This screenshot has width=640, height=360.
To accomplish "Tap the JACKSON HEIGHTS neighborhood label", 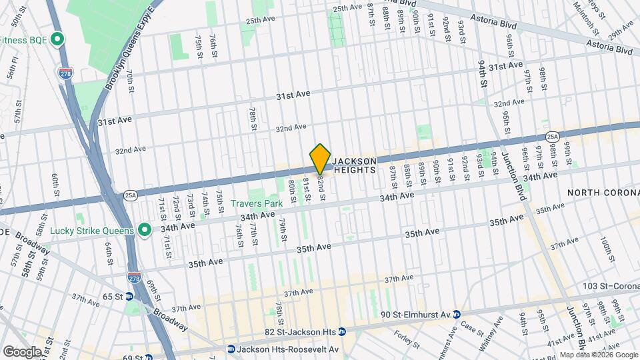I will pos(355,165).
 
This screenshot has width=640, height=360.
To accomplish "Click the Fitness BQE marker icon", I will pos(57,40).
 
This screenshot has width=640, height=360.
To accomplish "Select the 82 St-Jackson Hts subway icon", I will pos(342,331).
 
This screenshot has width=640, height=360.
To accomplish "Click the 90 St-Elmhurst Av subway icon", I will pos(457,315).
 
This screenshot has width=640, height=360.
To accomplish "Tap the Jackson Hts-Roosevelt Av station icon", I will pos(231,349).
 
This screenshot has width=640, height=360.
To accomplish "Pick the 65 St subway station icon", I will pos(129,296).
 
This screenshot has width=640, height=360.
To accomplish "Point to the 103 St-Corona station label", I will pos(609,286).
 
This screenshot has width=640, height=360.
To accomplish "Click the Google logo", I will pos(22,351).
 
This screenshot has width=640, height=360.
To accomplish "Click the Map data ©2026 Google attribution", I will pos(598,355).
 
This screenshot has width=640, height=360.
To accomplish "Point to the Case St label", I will pos(471,326).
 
